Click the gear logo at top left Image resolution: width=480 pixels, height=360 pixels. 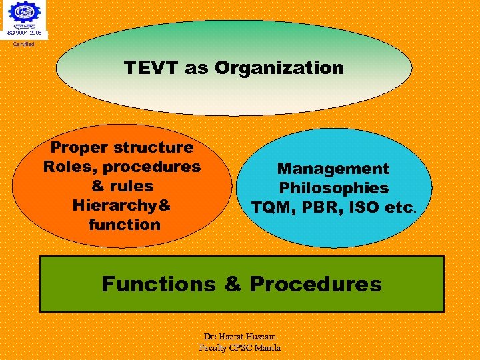[x=24, y=13]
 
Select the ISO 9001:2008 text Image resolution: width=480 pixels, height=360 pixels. [x=24, y=33]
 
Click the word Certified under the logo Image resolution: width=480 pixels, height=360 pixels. [x=24, y=44]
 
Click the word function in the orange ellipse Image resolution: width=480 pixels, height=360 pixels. [x=124, y=225]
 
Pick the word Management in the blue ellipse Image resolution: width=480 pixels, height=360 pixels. [x=333, y=169]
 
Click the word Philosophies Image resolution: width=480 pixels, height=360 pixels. [x=333, y=189]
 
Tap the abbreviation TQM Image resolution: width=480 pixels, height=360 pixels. [x=271, y=208]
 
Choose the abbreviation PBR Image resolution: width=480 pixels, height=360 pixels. [x=321, y=208]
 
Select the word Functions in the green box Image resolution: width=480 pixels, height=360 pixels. [x=159, y=284]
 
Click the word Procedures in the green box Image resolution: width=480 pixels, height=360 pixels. [x=315, y=284]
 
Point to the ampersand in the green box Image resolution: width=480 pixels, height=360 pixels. [x=233, y=284]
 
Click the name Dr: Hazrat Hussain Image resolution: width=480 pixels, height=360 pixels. [x=240, y=337]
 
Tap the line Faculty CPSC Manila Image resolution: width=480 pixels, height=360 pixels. [x=240, y=347]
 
